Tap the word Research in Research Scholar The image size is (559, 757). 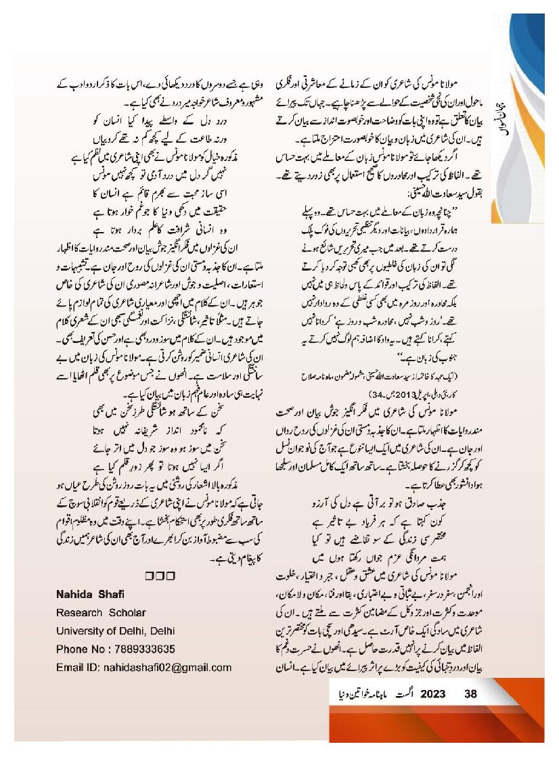point(79,612)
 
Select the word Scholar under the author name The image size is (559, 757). point(125,612)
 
